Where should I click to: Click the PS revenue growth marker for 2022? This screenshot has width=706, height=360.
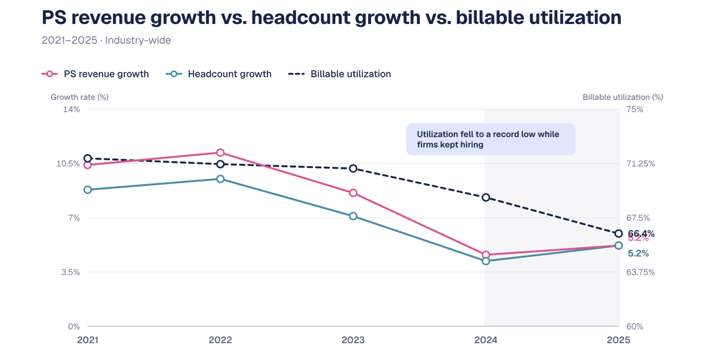[220, 153]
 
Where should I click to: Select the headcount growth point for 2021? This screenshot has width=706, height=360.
[88, 190]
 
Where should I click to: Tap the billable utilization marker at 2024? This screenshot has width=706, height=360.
[486, 198]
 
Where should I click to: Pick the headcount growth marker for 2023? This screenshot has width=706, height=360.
[353, 216]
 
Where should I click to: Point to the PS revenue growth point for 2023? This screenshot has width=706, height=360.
[353, 193]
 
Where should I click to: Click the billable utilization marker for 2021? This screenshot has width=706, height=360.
[88, 158]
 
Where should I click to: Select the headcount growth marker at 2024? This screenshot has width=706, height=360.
[486, 261]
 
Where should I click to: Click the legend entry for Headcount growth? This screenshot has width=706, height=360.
[219, 74]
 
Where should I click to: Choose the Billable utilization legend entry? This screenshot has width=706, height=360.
[339, 74]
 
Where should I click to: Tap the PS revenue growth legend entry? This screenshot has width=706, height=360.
[95, 74]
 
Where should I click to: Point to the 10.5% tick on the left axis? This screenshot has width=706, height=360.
[68, 164]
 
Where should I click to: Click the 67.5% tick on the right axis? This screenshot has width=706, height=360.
[638, 218]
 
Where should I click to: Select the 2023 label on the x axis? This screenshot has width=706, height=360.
[353, 340]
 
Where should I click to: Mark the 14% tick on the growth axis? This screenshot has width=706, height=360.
[71, 109]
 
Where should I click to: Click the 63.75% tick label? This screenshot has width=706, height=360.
[640, 272]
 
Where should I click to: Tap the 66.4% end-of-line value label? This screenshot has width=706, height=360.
[641, 233]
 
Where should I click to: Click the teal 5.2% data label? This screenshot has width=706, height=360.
[638, 253]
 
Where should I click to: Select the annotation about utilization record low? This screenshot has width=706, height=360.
[490, 139]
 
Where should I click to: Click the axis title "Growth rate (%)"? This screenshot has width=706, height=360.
[80, 97]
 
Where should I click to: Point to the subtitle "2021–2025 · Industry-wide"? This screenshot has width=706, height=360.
[106, 40]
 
